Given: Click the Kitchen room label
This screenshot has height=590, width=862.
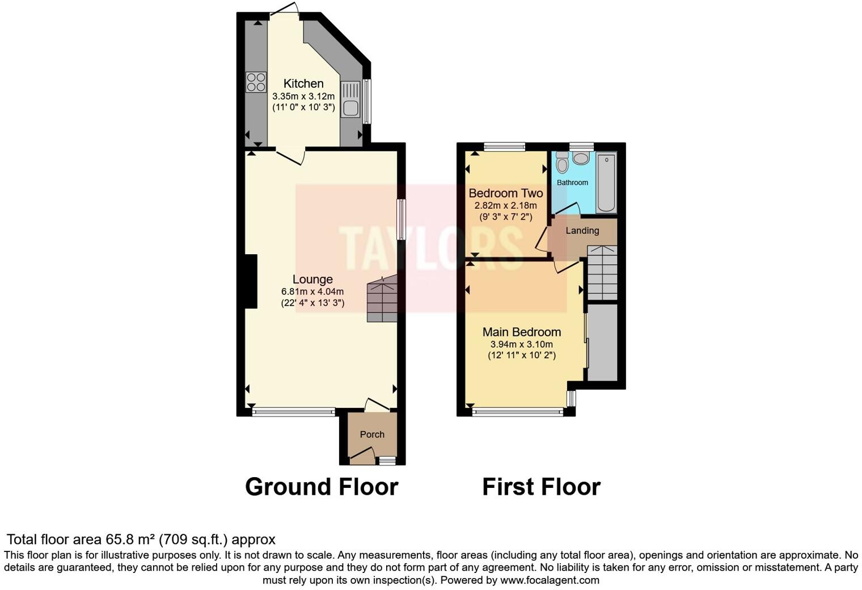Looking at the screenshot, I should click(x=303, y=83).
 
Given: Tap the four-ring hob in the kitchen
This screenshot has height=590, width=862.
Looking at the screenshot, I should click(x=256, y=82).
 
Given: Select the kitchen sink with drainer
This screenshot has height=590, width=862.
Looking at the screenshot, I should click(x=350, y=100).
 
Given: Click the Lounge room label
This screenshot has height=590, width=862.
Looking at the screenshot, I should click(x=312, y=279).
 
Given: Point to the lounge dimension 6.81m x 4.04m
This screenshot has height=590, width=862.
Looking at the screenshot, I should click(x=312, y=292).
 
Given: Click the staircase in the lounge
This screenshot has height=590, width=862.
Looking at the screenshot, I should click(x=382, y=299).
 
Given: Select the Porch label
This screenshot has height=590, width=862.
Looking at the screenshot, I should click(x=372, y=435).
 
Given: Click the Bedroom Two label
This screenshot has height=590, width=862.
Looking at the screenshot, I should click(x=505, y=193).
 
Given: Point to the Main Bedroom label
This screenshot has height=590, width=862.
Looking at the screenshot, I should click(x=521, y=332).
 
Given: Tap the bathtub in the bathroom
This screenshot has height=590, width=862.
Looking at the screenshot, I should click(x=606, y=182).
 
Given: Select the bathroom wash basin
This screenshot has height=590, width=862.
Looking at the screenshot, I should click(x=581, y=158).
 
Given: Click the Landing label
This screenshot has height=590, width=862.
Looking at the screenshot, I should click(x=582, y=231).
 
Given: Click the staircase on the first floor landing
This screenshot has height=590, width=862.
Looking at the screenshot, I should click(x=602, y=272).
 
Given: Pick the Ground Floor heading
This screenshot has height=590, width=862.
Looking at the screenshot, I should click(x=322, y=487).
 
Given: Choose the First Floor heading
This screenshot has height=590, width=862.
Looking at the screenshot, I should click(x=541, y=487).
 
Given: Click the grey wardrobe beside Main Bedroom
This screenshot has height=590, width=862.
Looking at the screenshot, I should click(x=602, y=343).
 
